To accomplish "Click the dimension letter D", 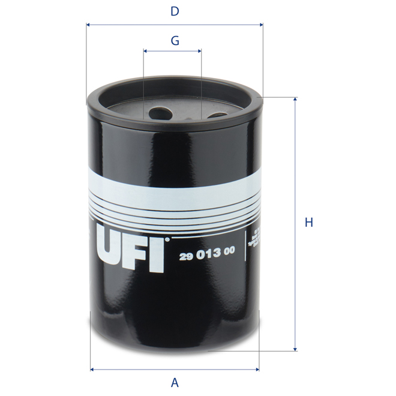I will pyautogui.click(x=175, y=11).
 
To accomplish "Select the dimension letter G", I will pyautogui.click(x=175, y=41).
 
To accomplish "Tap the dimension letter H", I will pyautogui.click(x=309, y=223).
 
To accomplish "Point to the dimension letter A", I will pyautogui.click(x=175, y=382).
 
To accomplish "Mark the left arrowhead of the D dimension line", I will pyautogui.click(x=89, y=25).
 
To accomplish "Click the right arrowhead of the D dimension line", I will pyautogui.click(x=261, y=25).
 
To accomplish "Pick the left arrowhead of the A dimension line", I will pyautogui.click(x=92, y=368).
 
